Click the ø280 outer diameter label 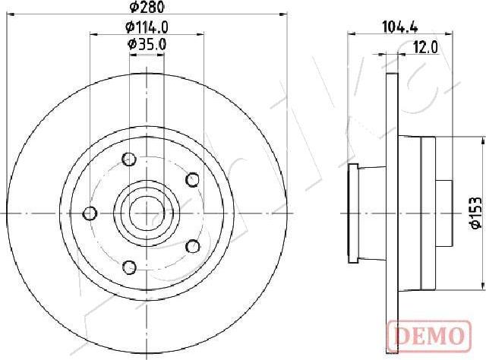pos(147,8)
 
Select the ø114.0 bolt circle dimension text pos(147,27)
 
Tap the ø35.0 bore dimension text pos(147,45)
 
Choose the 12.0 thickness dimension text pos(425,47)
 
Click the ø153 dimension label pos(472,213)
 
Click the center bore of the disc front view pos(147,213)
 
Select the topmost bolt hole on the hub pos(128,159)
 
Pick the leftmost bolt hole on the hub pos(90,213)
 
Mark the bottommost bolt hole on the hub pos(128,267)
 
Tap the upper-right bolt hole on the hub pos(192,179)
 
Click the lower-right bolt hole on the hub pos(192,246)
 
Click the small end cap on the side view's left pos(352,213)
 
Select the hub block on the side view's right pos(428,213)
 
